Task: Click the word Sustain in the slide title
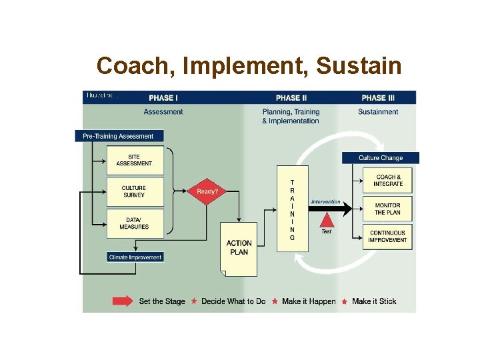pyautogui.click(x=359, y=66)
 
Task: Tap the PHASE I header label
pyautogui.click(x=163, y=98)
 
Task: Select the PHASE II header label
pyautogui.click(x=291, y=98)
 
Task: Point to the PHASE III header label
pyautogui.click(x=378, y=98)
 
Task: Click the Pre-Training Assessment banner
pyautogui.click(x=118, y=136)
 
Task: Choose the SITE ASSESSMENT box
pyautogui.click(x=134, y=160)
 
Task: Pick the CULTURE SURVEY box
pyautogui.click(x=134, y=191)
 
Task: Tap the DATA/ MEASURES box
pyautogui.click(x=134, y=223)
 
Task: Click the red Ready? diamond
pyautogui.click(x=207, y=191)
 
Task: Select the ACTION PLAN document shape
pyautogui.click(x=239, y=248)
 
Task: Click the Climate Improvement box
pyautogui.click(x=135, y=257)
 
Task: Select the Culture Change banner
pyautogui.click(x=381, y=158)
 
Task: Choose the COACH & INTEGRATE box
pyautogui.click(x=388, y=181)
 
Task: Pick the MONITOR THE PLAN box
pyautogui.click(x=388, y=209)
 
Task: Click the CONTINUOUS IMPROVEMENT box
pyautogui.click(x=388, y=237)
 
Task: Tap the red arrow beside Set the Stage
pyautogui.click(x=123, y=301)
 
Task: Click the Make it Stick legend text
pyautogui.click(x=374, y=301)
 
